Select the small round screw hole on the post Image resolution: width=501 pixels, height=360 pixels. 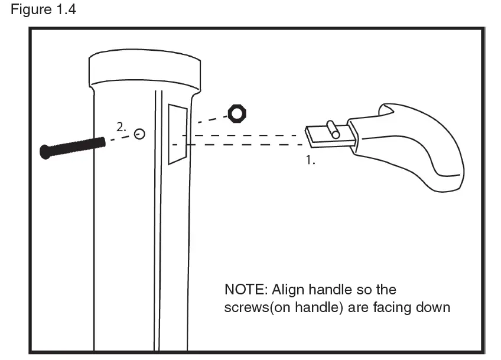coord(139,134)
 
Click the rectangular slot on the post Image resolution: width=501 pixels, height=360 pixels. coord(178,134)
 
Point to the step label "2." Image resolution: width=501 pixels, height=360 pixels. coord(121,127)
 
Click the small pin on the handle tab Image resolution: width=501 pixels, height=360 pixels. coord(334,129)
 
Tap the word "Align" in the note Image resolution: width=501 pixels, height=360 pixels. coord(289,290)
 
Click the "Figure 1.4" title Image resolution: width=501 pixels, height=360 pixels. coord(44,11)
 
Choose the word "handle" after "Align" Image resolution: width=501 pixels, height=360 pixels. coord(331,290)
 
